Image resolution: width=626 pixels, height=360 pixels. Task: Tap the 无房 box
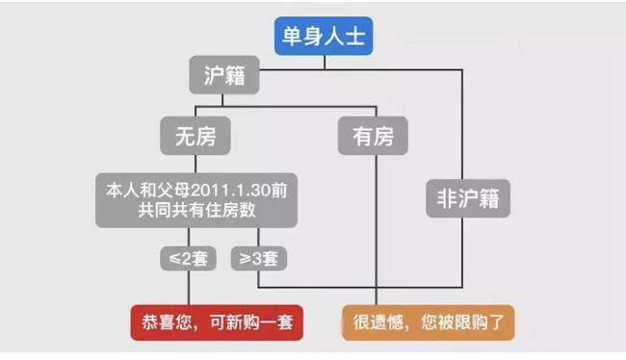point(195,138)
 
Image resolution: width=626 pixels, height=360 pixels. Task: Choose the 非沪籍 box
point(468,199)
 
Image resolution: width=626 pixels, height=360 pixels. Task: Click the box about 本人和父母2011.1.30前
point(196,199)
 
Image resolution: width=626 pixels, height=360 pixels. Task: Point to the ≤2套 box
point(189,259)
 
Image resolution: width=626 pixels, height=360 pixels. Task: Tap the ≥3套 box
point(258,259)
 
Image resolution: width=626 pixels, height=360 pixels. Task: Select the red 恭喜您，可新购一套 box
point(217,322)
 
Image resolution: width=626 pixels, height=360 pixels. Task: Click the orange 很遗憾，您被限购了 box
point(428,322)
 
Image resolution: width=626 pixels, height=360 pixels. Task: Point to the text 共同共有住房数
point(196,210)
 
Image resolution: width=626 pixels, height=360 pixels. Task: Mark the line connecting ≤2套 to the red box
point(189,288)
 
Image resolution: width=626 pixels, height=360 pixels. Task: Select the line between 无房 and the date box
point(196,164)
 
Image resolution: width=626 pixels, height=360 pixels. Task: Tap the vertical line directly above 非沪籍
point(469,125)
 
